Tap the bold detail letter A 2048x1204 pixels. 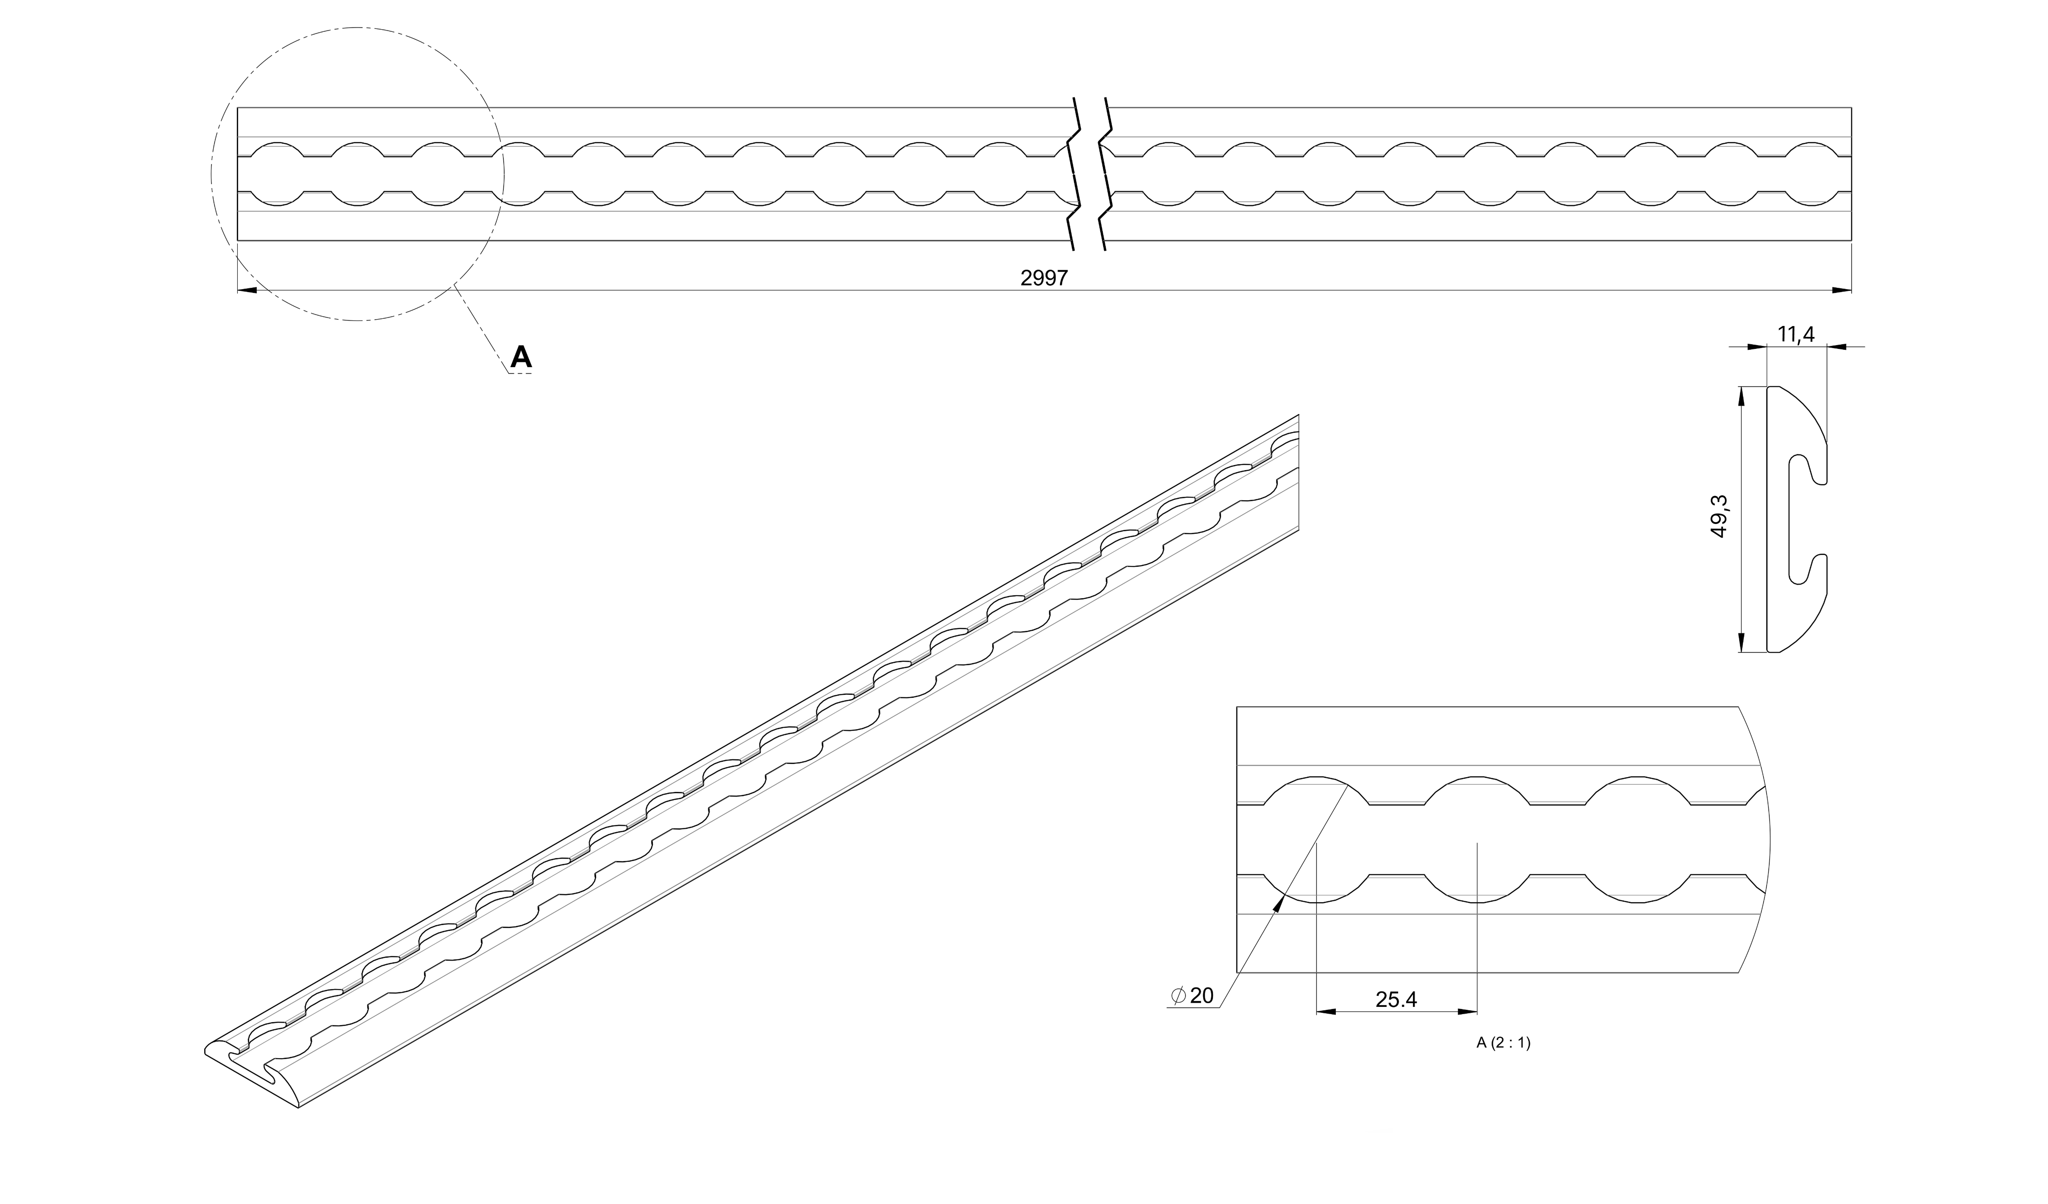coord(521,356)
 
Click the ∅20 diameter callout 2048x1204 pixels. coord(1192,996)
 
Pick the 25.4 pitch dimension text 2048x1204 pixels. coord(1396,999)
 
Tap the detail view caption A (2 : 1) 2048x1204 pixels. coord(1503,1043)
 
